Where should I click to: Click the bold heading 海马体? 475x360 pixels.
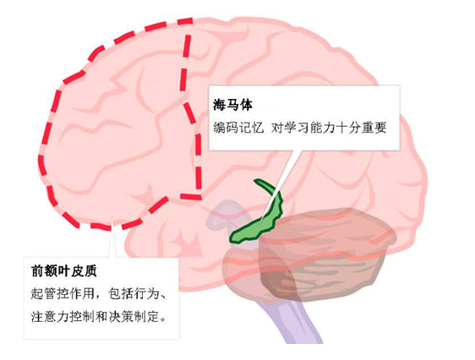[x=232, y=106]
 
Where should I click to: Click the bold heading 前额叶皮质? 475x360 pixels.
[x=64, y=270]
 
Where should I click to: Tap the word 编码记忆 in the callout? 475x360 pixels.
[x=238, y=128]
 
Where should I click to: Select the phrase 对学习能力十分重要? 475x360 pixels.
[x=329, y=128]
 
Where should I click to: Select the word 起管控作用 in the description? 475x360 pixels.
[x=63, y=294]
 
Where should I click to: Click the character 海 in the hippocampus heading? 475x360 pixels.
[x=220, y=106]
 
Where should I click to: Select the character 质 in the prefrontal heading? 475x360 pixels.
[x=90, y=270]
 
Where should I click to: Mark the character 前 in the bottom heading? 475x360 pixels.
[x=37, y=270]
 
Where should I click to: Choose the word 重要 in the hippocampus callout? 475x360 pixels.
[x=374, y=128]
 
